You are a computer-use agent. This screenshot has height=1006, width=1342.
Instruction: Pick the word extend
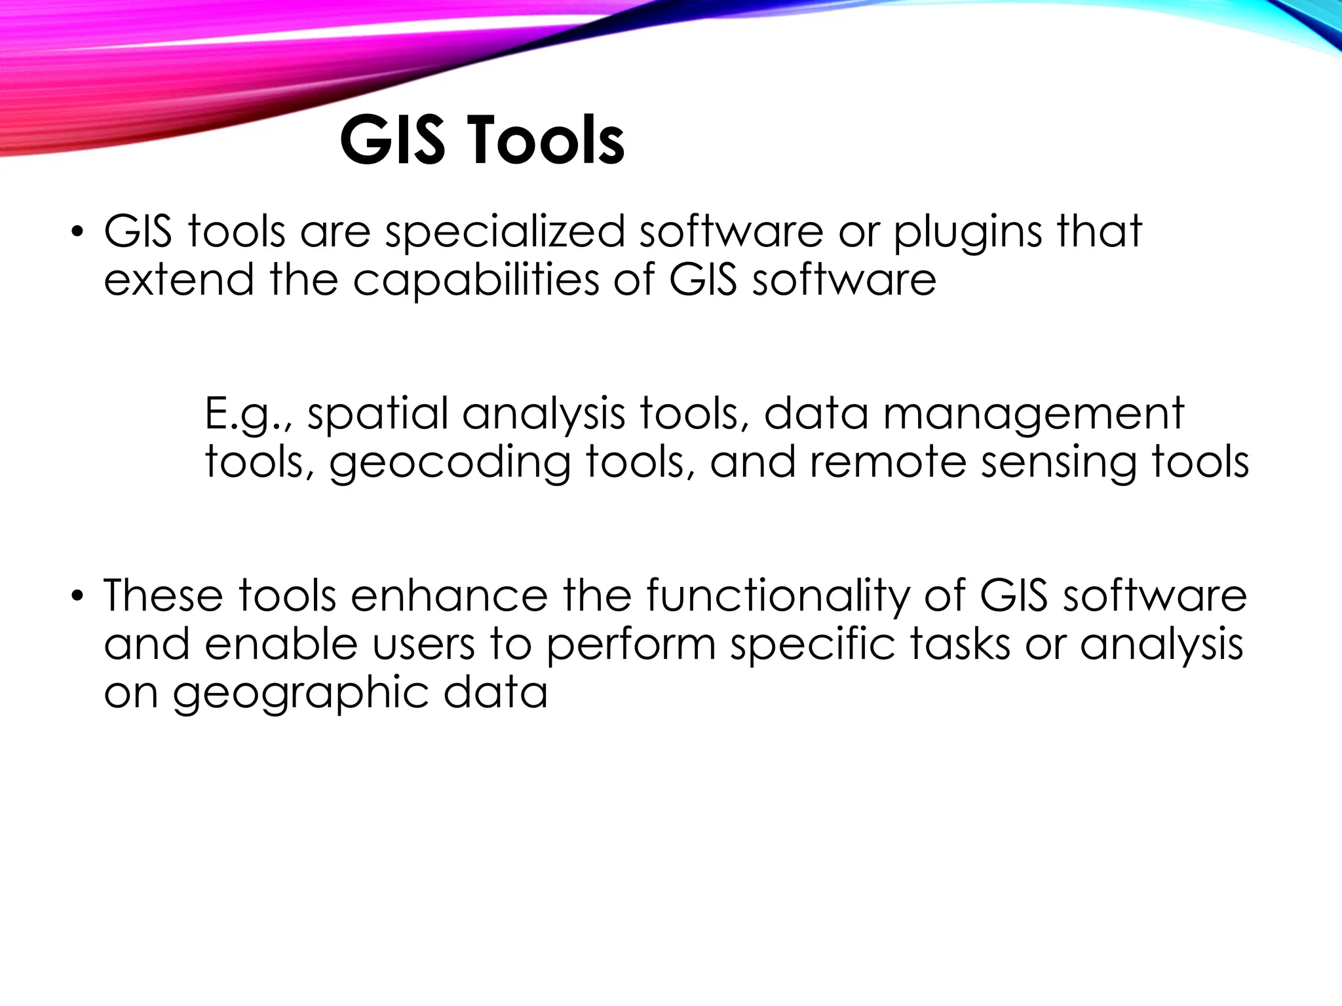click(x=178, y=280)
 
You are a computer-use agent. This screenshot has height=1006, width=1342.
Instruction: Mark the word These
click(x=163, y=595)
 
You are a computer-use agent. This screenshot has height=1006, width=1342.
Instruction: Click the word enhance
click(x=449, y=595)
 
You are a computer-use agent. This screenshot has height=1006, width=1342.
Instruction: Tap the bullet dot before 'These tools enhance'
click(x=78, y=597)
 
